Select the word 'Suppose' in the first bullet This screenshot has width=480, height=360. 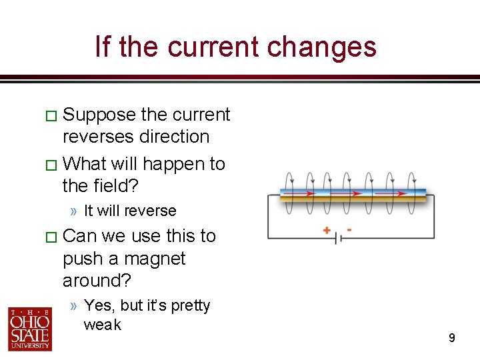click(x=99, y=115)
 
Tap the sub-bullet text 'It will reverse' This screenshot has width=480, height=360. click(x=130, y=211)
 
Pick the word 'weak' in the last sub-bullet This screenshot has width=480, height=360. click(x=103, y=325)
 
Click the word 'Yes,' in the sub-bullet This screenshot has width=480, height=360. click(x=99, y=305)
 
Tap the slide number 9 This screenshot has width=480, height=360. click(x=451, y=339)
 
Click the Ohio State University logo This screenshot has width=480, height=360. click(x=30, y=328)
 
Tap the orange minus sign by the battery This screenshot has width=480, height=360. click(x=349, y=230)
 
